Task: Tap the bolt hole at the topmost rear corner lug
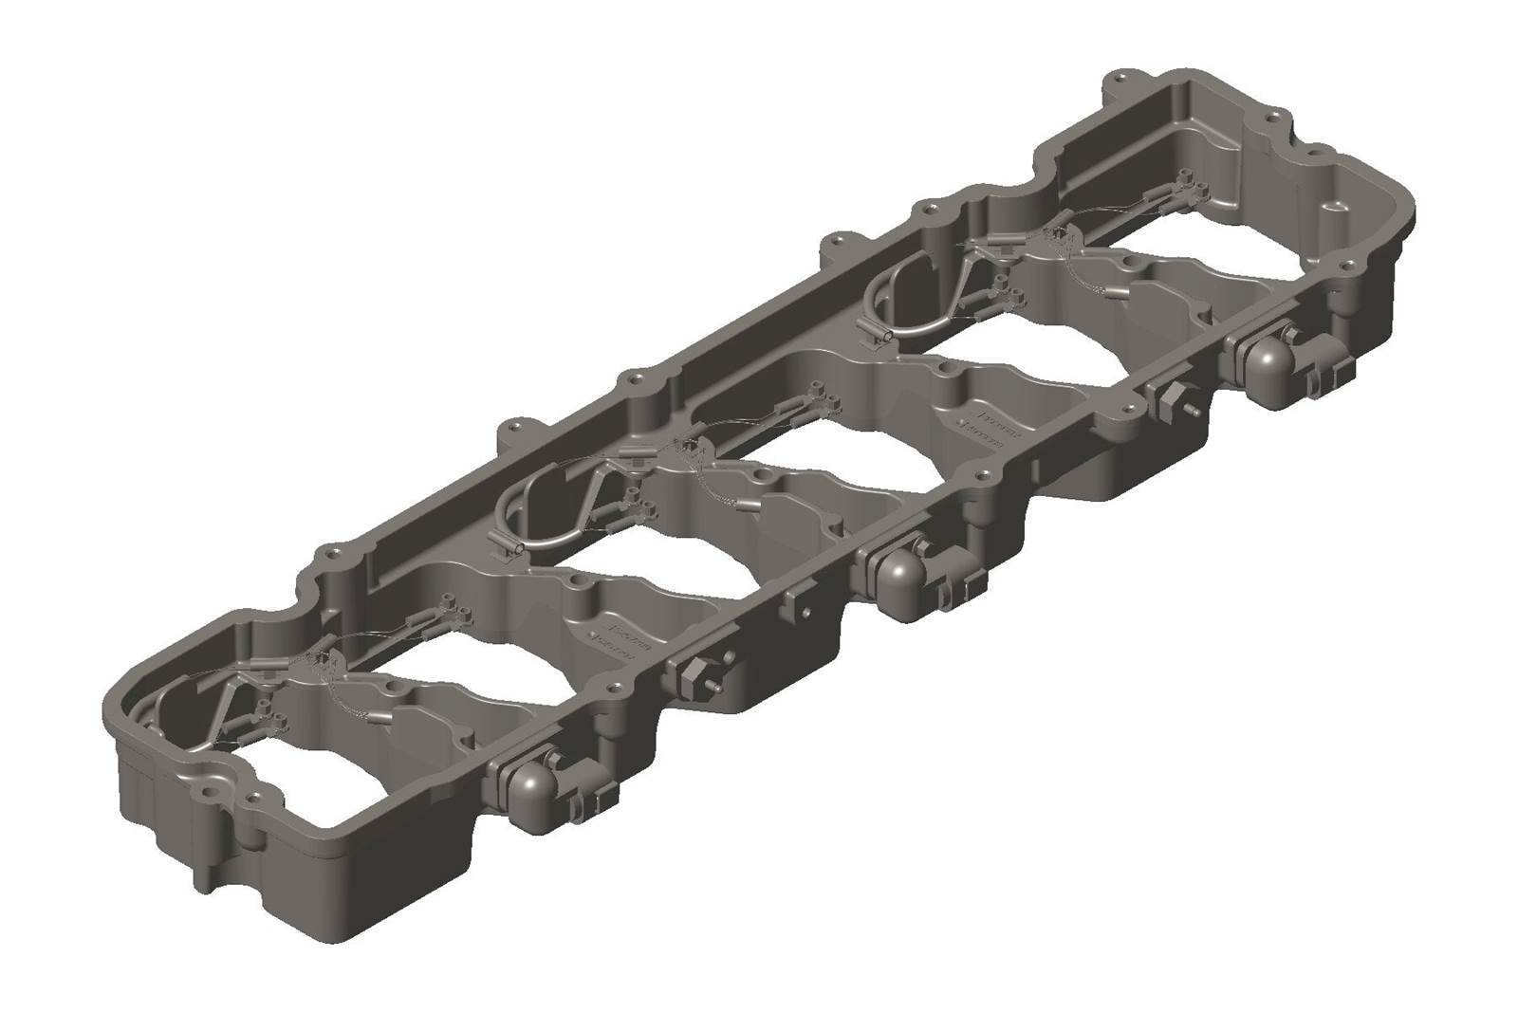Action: (1124, 75)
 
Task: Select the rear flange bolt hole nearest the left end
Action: (332, 549)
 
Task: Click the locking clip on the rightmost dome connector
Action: (1320, 380)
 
